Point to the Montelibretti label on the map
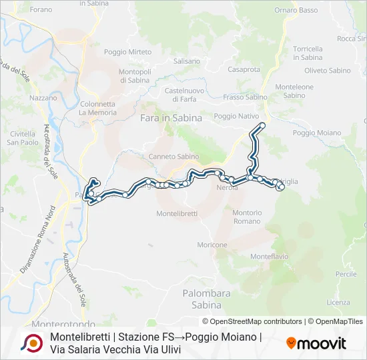(177, 213)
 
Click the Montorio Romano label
(248, 217)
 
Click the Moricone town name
(212, 245)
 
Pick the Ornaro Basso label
(296, 10)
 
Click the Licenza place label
(338, 302)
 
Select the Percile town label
(346, 274)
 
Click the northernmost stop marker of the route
(262, 125)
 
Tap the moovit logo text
(316, 344)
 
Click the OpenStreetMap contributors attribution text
(252, 321)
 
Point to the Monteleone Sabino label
(294, 91)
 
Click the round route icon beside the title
(31, 343)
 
